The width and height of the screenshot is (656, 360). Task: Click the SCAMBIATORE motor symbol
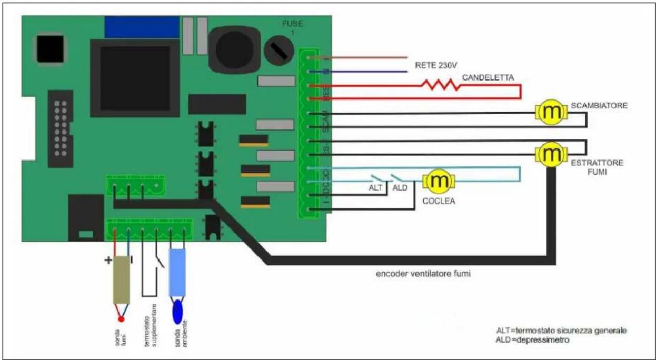pos(551,112)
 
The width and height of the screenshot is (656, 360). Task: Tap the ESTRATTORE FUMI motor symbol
pos(551,154)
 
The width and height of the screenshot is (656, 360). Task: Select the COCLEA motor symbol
pos(440,182)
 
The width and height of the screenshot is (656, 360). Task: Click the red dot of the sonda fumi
pos(121,318)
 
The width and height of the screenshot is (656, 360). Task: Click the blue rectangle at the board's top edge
pos(142,27)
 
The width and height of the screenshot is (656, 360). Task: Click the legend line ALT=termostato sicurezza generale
pos(561,331)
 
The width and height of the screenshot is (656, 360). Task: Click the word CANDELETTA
pos(488,78)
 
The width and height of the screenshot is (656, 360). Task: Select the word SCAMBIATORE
pos(599,106)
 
